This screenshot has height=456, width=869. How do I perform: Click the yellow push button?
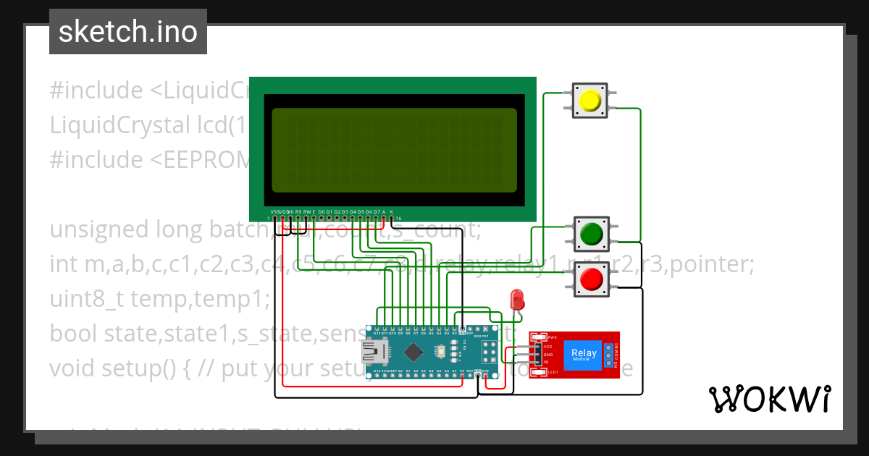pos(591,101)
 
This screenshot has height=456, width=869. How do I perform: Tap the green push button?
pos(591,233)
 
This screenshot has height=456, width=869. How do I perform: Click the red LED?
pos(517,298)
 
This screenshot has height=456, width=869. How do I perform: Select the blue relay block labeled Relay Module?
pos(584,354)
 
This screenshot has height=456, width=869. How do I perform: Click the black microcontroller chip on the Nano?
pos(413,352)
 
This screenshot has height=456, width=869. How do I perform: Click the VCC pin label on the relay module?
pos(547,346)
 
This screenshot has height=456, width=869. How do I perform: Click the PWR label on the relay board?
pos(551,337)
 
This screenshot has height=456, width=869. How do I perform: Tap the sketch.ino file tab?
pos(128,32)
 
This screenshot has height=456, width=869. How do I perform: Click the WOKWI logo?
pos(769,399)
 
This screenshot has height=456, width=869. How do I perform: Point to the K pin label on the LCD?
pos(392,212)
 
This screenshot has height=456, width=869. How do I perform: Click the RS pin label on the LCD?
pos(298,212)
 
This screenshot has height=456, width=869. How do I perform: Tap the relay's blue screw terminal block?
pos(608,354)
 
